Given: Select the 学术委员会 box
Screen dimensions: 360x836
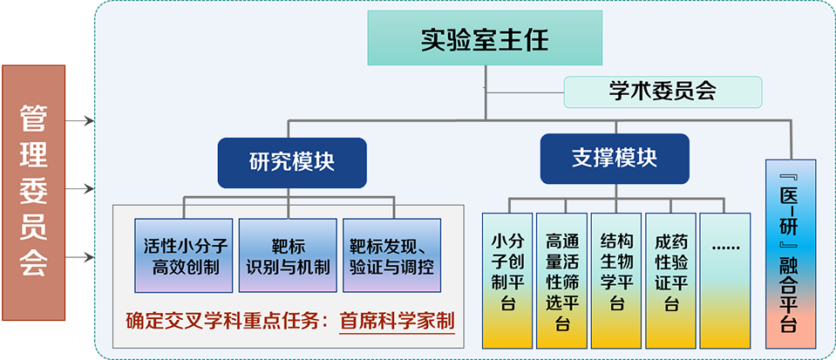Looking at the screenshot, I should (663, 91).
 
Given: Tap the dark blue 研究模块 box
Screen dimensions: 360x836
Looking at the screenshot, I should (291, 162).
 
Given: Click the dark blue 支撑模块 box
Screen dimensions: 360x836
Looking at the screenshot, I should (614, 160).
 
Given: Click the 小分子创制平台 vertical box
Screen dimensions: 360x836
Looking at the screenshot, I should (506, 279).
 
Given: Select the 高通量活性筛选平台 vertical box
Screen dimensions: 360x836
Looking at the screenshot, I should (561, 279).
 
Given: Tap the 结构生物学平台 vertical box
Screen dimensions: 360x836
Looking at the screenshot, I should (616, 279).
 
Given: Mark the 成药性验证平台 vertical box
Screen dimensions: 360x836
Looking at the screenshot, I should (670, 279).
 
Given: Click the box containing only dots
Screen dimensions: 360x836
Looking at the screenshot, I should (725, 279).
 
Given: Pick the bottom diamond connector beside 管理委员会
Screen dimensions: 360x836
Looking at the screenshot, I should (81, 255).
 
